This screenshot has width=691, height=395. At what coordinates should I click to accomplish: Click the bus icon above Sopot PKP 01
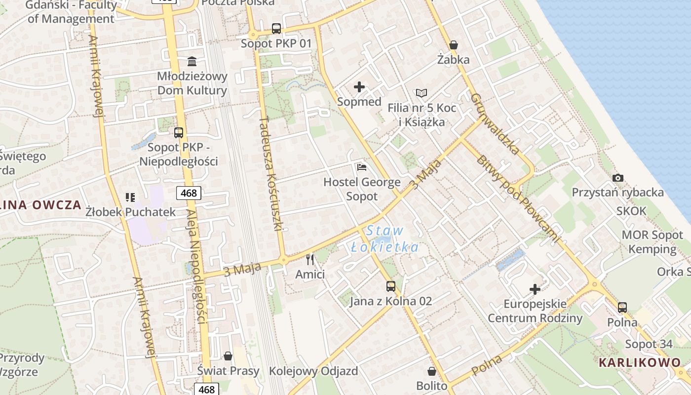(x=276, y=29)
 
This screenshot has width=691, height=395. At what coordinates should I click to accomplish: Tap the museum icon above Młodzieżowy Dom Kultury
(x=192, y=62)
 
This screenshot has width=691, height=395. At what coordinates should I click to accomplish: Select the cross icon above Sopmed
(x=359, y=87)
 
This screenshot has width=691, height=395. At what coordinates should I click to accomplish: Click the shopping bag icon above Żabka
(x=454, y=45)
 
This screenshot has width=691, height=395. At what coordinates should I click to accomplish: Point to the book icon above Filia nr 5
(x=421, y=93)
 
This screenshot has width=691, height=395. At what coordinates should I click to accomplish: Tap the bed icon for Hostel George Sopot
(x=362, y=167)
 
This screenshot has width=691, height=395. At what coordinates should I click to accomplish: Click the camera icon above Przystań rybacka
(x=617, y=178)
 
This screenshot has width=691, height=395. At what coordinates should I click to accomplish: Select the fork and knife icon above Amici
(x=310, y=259)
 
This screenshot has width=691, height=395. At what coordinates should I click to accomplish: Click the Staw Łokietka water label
(x=385, y=239)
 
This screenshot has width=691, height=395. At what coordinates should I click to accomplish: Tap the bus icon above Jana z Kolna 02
(x=390, y=286)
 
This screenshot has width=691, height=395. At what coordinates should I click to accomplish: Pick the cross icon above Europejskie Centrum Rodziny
(x=535, y=289)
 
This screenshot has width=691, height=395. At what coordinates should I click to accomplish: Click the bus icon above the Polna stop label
(x=622, y=308)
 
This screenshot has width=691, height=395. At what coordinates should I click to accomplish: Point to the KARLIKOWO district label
(x=640, y=363)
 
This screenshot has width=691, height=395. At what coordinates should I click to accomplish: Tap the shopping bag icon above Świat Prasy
(x=228, y=355)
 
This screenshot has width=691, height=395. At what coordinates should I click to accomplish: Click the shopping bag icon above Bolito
(x=432, y=371)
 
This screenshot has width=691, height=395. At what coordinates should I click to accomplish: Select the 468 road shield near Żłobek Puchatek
(x=189, y=193)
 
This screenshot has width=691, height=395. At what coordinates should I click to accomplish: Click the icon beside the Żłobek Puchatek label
(x=130, y=197)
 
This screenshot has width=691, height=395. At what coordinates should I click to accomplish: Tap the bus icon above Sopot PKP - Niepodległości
(x=179, y=132)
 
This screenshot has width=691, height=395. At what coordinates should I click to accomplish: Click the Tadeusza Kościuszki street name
(x=270, y=174)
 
